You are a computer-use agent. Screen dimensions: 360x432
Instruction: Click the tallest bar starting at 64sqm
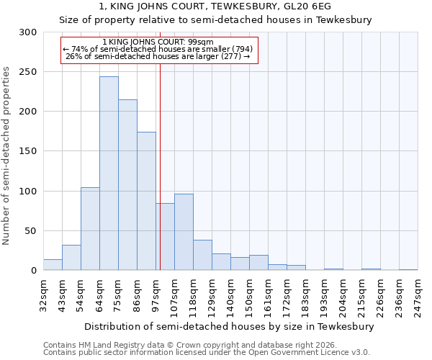coord(109,174)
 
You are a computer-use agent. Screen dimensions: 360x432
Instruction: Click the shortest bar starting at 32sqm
coord(53,265)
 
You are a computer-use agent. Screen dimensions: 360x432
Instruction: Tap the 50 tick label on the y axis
coord(31,231)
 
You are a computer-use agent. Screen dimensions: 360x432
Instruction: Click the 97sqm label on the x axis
coord(156,292)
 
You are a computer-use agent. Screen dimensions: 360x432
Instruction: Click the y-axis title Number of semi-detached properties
coord(7,156)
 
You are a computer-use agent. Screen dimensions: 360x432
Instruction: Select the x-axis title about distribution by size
coord(230,326)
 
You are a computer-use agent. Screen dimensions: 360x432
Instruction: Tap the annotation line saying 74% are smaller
coord(158,49)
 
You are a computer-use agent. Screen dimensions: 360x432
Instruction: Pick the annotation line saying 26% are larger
coord(158,56)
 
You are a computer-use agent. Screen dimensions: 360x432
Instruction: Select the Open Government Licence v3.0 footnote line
coord(206,352)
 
